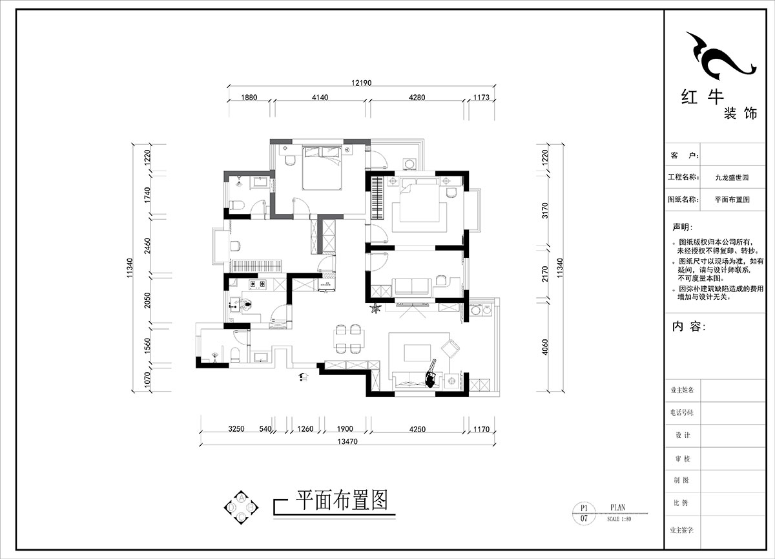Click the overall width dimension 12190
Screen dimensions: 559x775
pyautogui.click(x=362, y=83)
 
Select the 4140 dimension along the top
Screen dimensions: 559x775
pyautogui.click(x=320, y=98)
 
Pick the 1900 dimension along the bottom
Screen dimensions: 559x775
pyautogui.click(x=344, y=428)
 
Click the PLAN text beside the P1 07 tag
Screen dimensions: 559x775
pyautogui.click(x=617, y=507)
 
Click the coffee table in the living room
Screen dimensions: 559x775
pyautogui.click(x=417, y=352)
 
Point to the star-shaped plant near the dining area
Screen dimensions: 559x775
pyautogui.click(x=374, y=311)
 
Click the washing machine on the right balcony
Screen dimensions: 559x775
pyautogui.click(x=477, y=310)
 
